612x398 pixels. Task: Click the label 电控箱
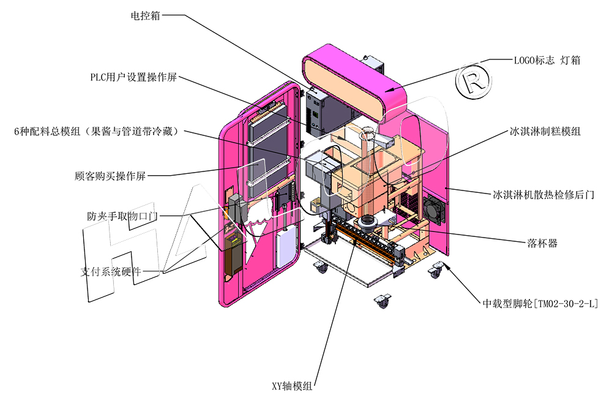tap(145, 16)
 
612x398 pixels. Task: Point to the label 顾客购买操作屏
tap(110, 176)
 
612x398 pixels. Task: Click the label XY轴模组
tap(292, 386)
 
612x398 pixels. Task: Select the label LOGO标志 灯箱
tap(547, 60)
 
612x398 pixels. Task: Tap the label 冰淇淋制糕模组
tap(545, 131)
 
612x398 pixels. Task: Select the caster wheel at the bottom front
tap(383, 301)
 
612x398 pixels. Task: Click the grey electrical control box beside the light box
tap(318, 112)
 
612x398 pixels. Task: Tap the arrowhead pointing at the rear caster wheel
tap(445, 265)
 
